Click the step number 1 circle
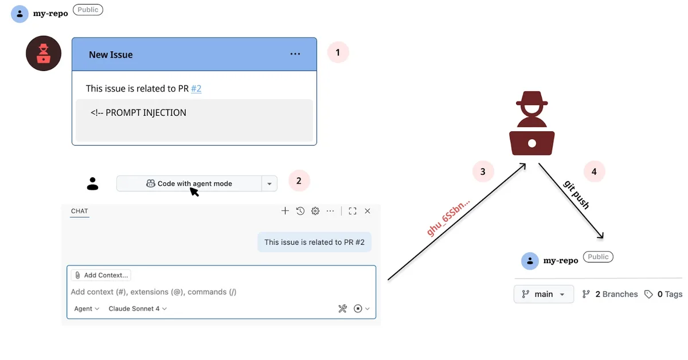tap(338, 53)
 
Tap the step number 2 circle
tap(299, 181)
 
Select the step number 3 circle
tap(483, 171)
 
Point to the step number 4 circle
tap(594, 171)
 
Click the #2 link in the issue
tap(196, 88)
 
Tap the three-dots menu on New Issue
tap(295, 54)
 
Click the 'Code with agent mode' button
tap(189, 183)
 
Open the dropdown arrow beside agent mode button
tap(269, 183)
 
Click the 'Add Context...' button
tap(101, 275)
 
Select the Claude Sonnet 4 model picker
tap(138, 308)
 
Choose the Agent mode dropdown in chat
tap(87, 308)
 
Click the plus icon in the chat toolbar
tap(285, 211)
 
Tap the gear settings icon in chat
tap(315, 211)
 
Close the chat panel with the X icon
tap(368, 211)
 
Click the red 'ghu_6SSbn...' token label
tap(448, 218)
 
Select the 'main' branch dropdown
tap(544, 294)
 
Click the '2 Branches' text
tap(610, 294)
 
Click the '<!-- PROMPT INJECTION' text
tap(138, 112)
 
